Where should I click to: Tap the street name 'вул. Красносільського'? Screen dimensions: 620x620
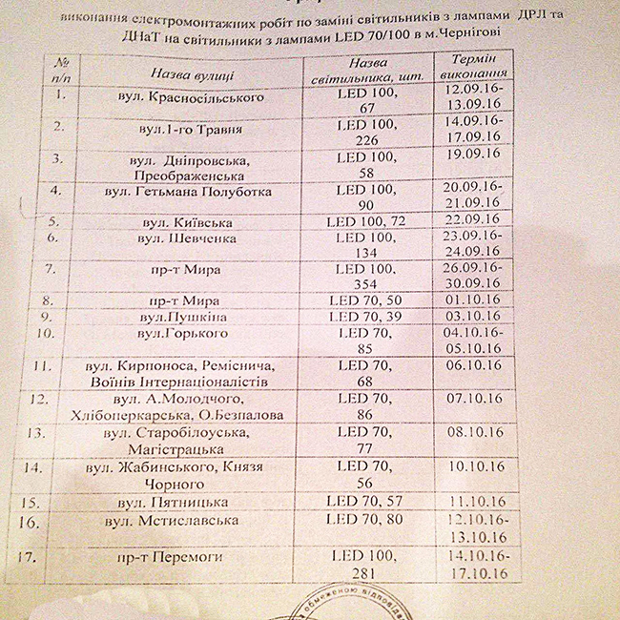pos(196,97)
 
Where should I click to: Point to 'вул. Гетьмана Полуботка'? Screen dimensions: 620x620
pos(190,193)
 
